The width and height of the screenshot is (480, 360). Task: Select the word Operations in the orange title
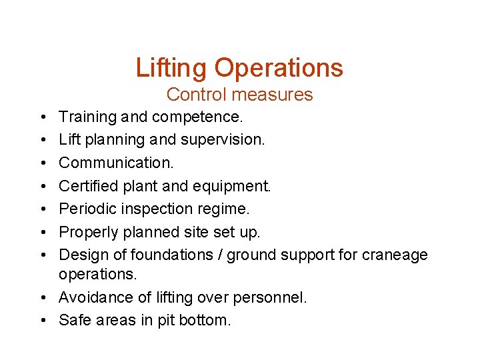tap(279, 68)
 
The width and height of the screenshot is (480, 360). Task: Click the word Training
tap(87, 117)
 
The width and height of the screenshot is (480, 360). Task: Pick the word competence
tap(197, 117)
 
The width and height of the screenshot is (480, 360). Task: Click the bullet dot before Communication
tap(42, 163)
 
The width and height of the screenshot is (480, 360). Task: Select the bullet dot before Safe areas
tap(42, 320)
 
